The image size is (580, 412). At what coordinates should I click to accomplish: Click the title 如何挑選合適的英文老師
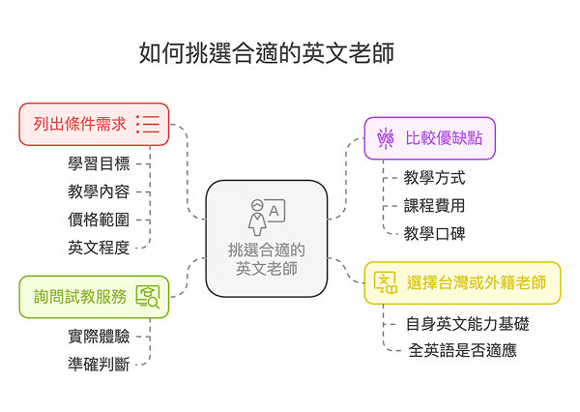(x=267, y=51)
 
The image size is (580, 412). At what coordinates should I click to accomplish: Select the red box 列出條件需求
(x=94, y=124)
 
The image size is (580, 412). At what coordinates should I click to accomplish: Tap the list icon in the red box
(x=149, y=124)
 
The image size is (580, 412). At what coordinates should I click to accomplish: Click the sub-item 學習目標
(x=99, y=163)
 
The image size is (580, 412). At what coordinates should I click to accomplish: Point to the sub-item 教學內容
(x=99, y=191)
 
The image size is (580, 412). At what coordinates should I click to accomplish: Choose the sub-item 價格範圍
(x=99, y=219)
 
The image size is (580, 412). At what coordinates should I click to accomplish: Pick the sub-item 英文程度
(x=99, y=247)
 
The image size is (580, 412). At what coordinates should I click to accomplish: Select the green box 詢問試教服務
(x=94, y=296)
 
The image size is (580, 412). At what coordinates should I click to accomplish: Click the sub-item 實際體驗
(x=99, y=336)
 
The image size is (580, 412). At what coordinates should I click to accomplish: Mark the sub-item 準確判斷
(x=99, y=364)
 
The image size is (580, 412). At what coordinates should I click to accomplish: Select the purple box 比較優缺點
(x=422, y=138)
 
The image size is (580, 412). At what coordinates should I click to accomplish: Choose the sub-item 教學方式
(x=435, y=178)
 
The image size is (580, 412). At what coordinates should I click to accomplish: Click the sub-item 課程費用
(x=435, y=205)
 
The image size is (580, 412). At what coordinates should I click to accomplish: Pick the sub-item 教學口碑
(x=435, y=233)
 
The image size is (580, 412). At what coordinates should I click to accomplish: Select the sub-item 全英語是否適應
(x=463, y=350)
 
